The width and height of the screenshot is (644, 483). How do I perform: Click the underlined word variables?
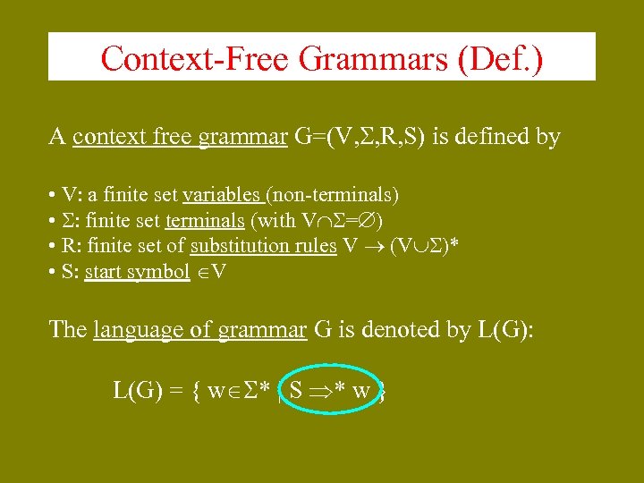click(221, 194)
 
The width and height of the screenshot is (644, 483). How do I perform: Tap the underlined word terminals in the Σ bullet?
click(205, 220)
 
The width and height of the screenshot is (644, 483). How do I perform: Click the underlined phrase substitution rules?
click(264, 246)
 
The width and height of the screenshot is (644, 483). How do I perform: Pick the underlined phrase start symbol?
click(137, 272)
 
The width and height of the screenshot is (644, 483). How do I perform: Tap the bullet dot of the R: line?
click(55, 246)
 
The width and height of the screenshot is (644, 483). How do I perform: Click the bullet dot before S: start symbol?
click(55, 272)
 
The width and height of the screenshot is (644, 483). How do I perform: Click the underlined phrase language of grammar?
click(199, 330)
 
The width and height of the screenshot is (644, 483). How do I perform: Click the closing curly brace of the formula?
click(382, 392)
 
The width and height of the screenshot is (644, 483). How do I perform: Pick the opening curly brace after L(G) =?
click(193, 392)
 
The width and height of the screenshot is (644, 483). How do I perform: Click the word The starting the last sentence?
click(68, 330)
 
